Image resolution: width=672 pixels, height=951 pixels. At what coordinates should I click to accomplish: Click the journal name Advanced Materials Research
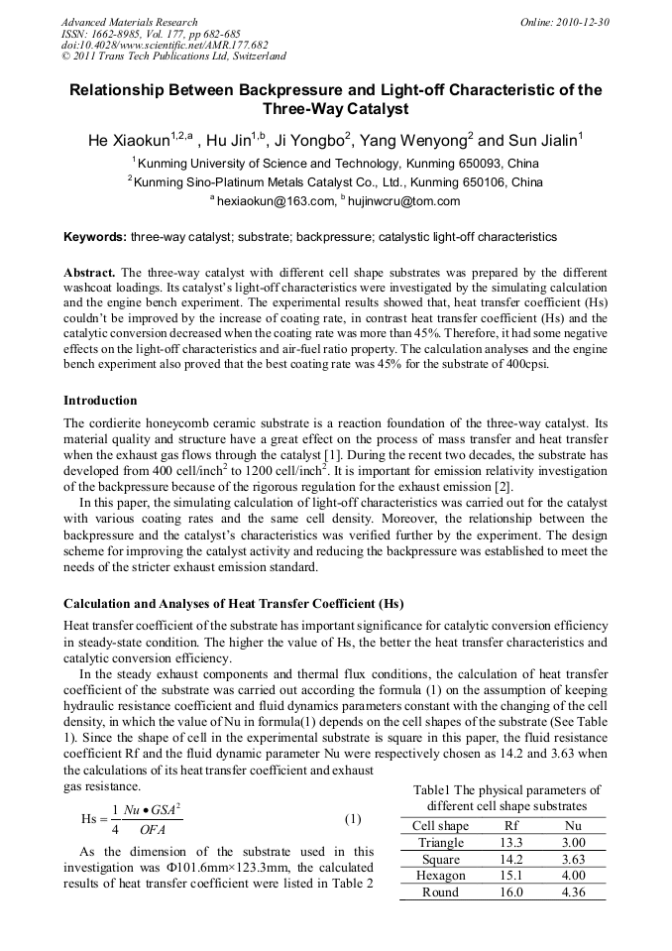click(x=129, y=22)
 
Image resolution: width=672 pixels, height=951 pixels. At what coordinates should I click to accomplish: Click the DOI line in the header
click(x=164, y=45)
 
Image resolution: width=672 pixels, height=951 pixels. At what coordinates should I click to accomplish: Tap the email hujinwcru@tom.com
click(x=406, y=201)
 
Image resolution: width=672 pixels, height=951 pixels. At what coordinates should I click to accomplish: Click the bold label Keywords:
click(x=95, y=238)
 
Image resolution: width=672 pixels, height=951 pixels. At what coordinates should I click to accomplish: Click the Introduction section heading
click(x=100, y=401)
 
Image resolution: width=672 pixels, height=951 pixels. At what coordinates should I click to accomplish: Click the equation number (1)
click(x=352, y=819)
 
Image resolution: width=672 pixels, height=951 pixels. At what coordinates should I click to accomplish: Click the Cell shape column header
click(x=440, y=826)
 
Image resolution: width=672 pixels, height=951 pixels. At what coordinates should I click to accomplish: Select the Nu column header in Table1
click(x=572, y=826)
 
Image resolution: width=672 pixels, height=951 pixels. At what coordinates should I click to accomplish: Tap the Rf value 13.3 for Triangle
click(x=511, y=843)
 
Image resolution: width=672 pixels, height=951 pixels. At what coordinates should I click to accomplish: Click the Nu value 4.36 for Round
click(x=572, y=892)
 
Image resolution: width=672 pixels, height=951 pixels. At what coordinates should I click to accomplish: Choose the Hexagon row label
click(x=440, y=876)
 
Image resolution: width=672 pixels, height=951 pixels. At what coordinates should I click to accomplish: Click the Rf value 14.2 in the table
click(x=511, y=860)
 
